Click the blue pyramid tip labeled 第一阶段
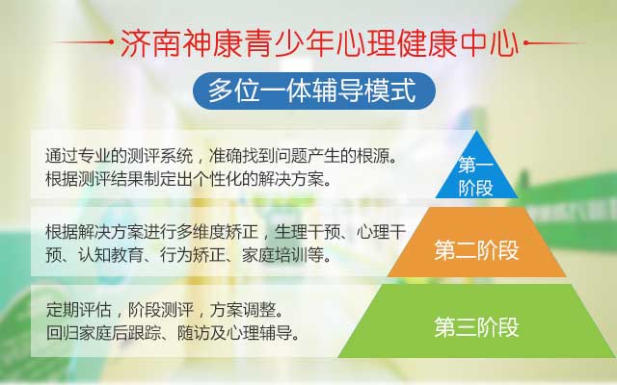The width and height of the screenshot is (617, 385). tap(476, 173)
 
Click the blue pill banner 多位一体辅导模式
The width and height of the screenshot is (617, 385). tap(314, 90)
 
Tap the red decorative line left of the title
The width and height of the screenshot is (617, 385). tap(84, 41)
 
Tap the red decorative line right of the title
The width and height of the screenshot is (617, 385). tap(554, 42)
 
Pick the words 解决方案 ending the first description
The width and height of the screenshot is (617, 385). tap(291, 179)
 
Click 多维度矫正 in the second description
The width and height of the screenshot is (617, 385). tap(217, 232)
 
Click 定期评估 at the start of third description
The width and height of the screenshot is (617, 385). tap(79, 310)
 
